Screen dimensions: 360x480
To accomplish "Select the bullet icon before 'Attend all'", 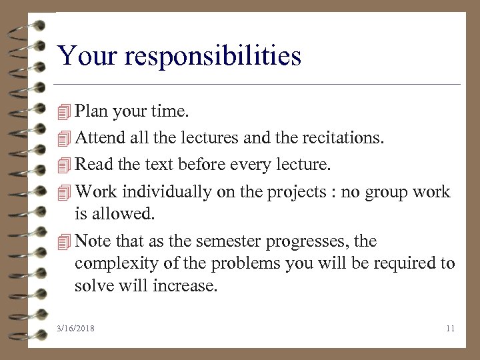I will [x=64, y=138].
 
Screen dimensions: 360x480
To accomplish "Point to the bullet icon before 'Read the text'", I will [x=64, y=165].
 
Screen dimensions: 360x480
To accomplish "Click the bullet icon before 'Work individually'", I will [x=64, y=192].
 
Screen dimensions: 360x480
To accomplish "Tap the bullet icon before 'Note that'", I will [x=64, y=241].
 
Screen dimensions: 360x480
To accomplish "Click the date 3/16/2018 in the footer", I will [x=76, y=328].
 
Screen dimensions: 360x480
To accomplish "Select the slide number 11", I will [x=450, y=328].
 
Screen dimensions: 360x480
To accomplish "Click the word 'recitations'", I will [x=347, y=137].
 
